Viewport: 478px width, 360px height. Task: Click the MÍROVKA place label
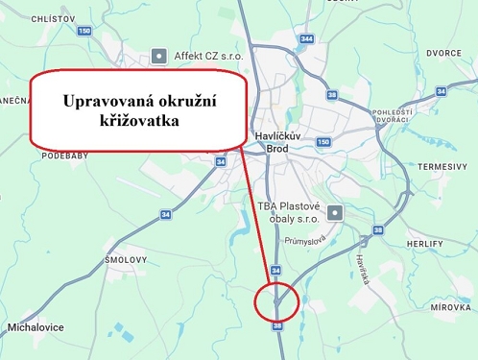point(450,307)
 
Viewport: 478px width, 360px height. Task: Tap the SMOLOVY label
point(126,260)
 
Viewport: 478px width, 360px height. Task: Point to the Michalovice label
point(36,327)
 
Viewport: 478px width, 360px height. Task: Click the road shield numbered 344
point(306,38)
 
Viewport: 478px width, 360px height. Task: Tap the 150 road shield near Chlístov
point(84,32)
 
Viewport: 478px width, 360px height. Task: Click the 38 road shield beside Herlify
point(378,230)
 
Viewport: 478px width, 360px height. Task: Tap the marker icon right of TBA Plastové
point(333,212)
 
